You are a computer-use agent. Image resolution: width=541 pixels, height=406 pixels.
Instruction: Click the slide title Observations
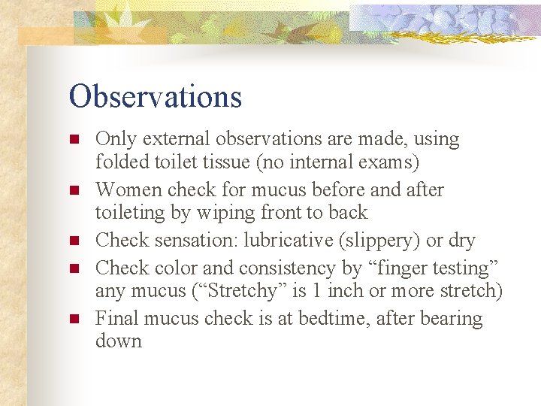(156, 97)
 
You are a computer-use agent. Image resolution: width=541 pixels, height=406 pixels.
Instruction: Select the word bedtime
(325, 319)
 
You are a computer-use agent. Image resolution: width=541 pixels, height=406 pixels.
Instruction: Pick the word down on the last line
(118, 341)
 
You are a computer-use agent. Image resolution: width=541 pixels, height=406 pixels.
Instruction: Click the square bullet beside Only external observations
(74, 140)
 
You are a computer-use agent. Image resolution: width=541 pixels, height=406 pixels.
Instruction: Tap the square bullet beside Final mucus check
(74, 320)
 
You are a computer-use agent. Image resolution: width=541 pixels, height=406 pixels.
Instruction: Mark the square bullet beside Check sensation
(74, 241)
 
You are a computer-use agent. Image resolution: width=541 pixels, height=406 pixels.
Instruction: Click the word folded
(119, 162)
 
